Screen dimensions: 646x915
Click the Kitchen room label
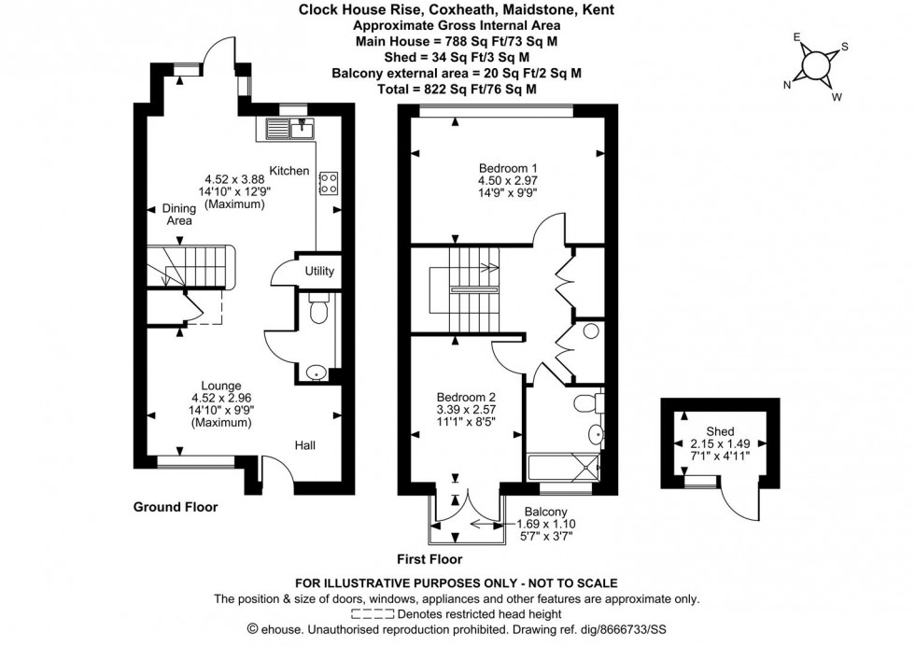[x=289, y=171]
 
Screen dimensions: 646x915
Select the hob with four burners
[x=328, y=182]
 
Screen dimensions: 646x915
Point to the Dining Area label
[x=178, y=215]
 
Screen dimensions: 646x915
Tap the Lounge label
[x=222, y=386]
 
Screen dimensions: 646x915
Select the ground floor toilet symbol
[x=318, y=311]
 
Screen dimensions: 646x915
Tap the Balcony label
[x=545, y=511]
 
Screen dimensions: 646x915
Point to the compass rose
[x=815, y=64]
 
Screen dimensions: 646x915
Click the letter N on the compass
[x=787, y=83]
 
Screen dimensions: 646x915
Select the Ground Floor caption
[x=176, y=507]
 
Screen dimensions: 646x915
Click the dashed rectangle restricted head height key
[x=372, y=614]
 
